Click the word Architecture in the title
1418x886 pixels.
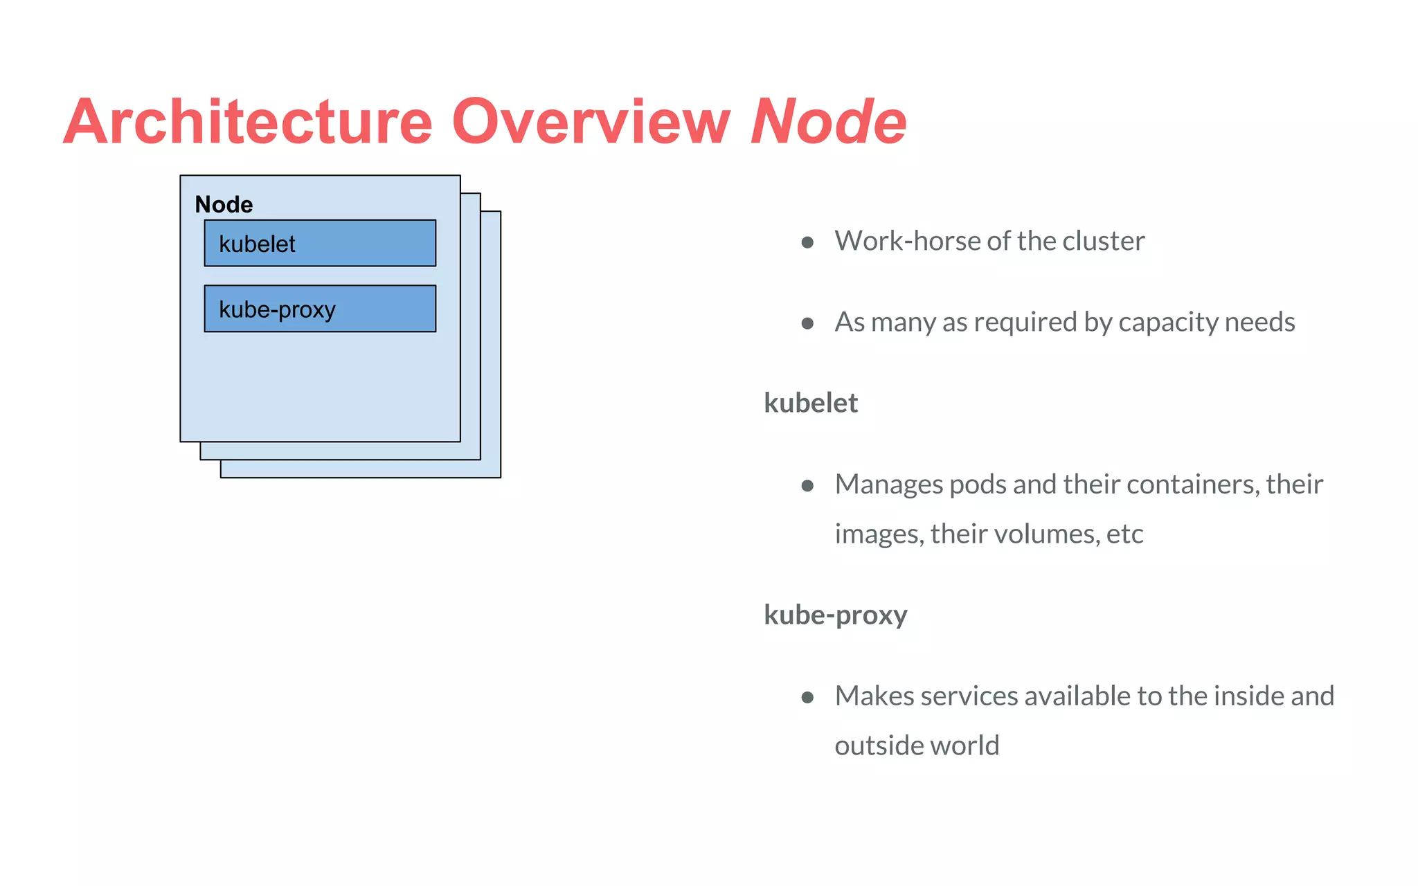(248, 122)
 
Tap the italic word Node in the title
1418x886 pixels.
(828, 122)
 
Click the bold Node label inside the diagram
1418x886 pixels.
(224, 204)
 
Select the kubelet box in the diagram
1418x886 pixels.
(320, 243)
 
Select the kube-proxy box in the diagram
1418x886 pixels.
(320, 309)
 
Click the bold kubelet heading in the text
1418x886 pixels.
(810, 403)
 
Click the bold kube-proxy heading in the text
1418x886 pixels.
(835, 615)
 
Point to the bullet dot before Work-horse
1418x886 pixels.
(807, 242)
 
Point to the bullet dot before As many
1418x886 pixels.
(807, 323)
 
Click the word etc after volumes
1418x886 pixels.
(1125, 534)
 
